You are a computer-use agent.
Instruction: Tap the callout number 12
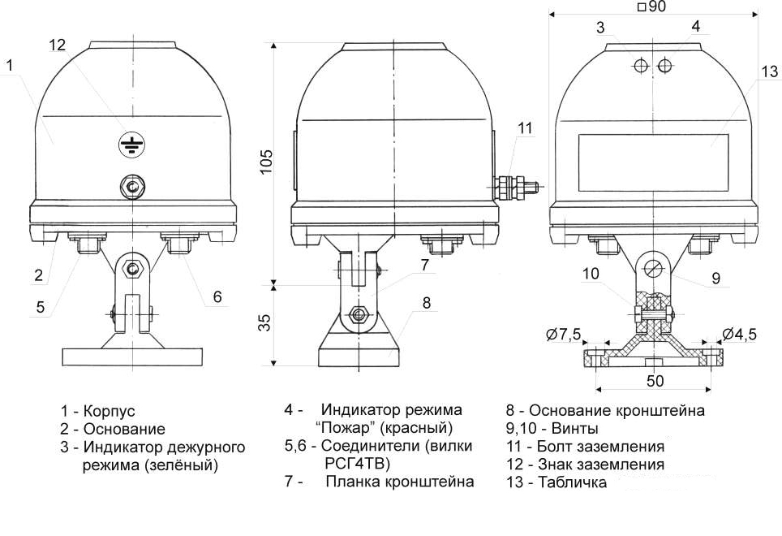point(57,45)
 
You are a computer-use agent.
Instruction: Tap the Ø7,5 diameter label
point(564,334)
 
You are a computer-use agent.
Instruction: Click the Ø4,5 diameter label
point(738,334)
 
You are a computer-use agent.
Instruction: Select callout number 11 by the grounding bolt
point(526,128)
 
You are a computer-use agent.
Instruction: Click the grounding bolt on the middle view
point(515,189)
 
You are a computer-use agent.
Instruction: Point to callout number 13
point(769,71)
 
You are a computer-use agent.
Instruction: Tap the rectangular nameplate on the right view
point(653,159)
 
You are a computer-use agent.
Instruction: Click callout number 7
point(424,265)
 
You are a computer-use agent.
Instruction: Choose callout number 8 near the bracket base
point(427,303)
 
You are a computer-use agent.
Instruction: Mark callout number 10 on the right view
point(591,274)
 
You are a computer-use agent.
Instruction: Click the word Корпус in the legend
point(110,411)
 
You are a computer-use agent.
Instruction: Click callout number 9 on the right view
point(715,278)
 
